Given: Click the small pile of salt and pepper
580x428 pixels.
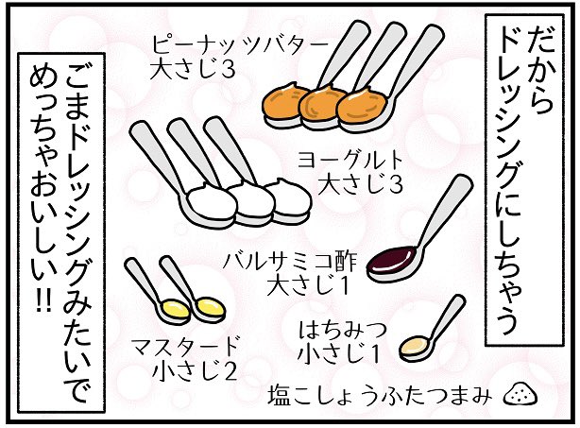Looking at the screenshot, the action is (520, 392).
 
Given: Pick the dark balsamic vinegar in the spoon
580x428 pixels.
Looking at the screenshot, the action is (390, 259).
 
